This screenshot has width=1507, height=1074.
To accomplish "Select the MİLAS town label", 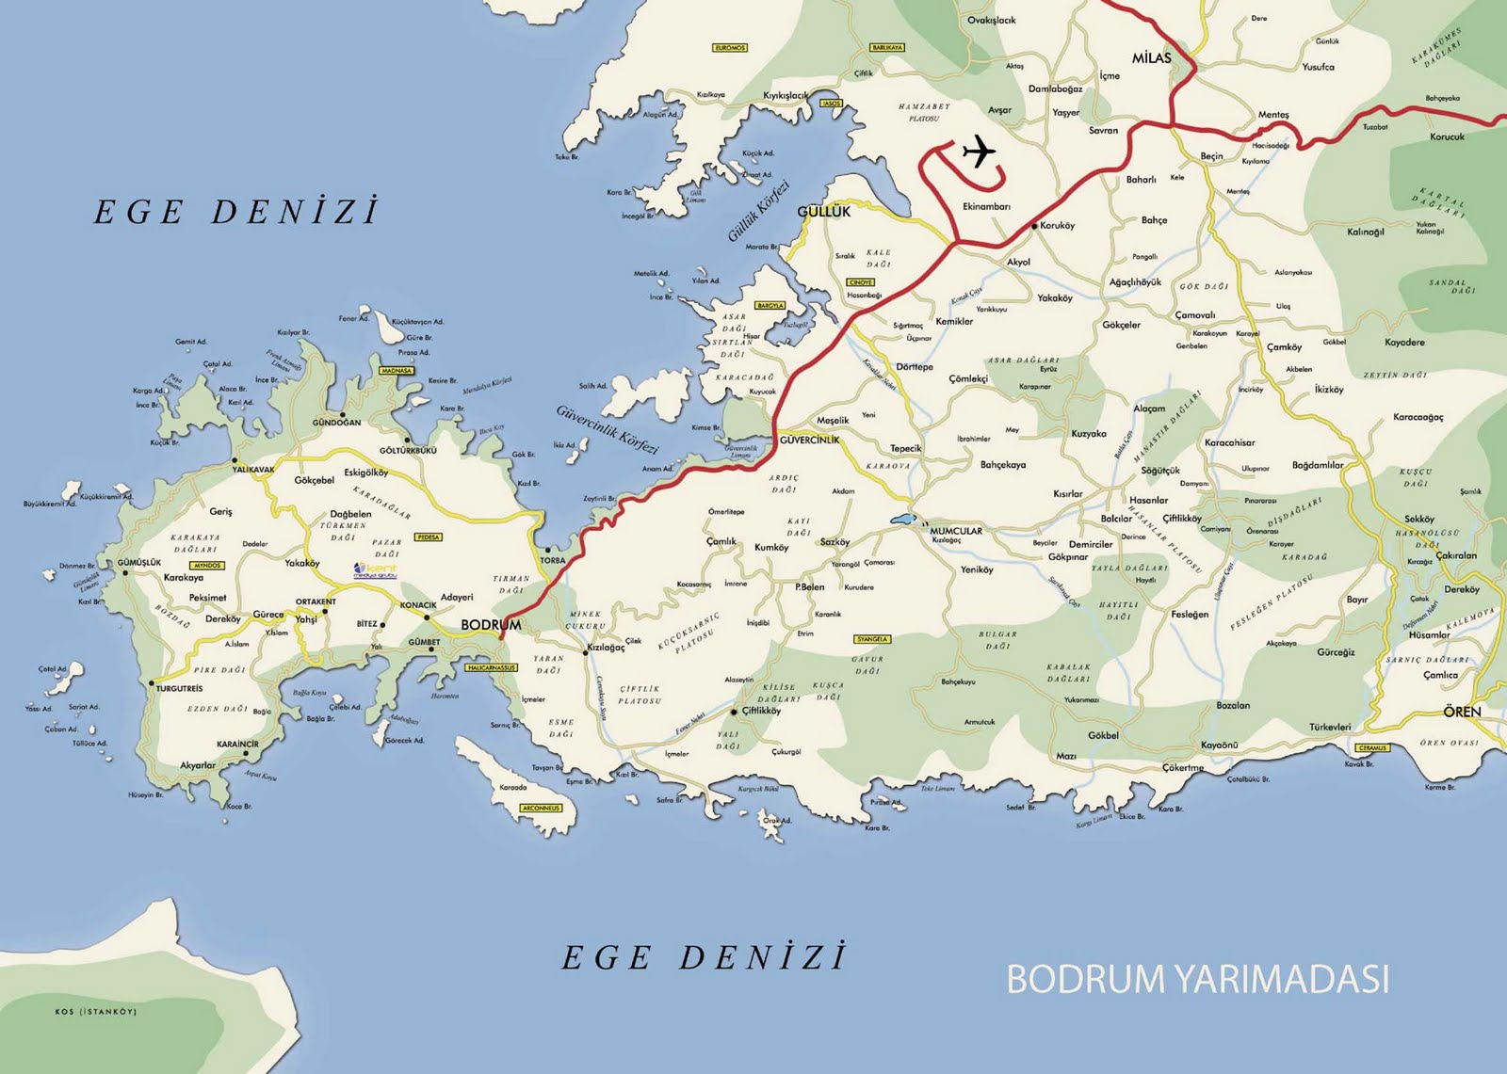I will pyautogui.click(x=1151, y=58).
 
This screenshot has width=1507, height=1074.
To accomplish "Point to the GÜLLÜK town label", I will pyautogui.click(x=823, y=212).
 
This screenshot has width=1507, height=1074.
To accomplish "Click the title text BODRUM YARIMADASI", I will pyautogui.click(x=1197, y=979).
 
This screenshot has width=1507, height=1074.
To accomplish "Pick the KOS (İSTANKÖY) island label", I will pyautogui.click(x=96, y=1012).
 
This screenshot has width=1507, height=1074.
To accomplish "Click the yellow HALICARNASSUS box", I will pyautogui.click(x=492, y=667).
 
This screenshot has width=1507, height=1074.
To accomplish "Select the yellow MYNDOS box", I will pyautogui.click(x=206, y=566).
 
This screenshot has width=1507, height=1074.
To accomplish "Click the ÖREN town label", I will pyautogui.click(x=1462, y=712).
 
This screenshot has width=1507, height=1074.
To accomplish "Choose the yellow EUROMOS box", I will pyautogui.click(x=730, y=48).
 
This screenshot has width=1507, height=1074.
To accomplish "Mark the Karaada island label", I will pyautogui.click(x=513, y=787).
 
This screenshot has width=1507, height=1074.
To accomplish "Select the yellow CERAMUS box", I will pyautogui.click(x=1372, y=748).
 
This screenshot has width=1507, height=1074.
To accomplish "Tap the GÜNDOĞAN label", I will pyautogui.click(x=336, y=423).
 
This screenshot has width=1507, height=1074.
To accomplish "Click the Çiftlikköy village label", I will pyautogui.click(x=761, y=711).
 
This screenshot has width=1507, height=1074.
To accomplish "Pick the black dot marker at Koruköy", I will pyautogui.click(x=1033, y=226).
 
